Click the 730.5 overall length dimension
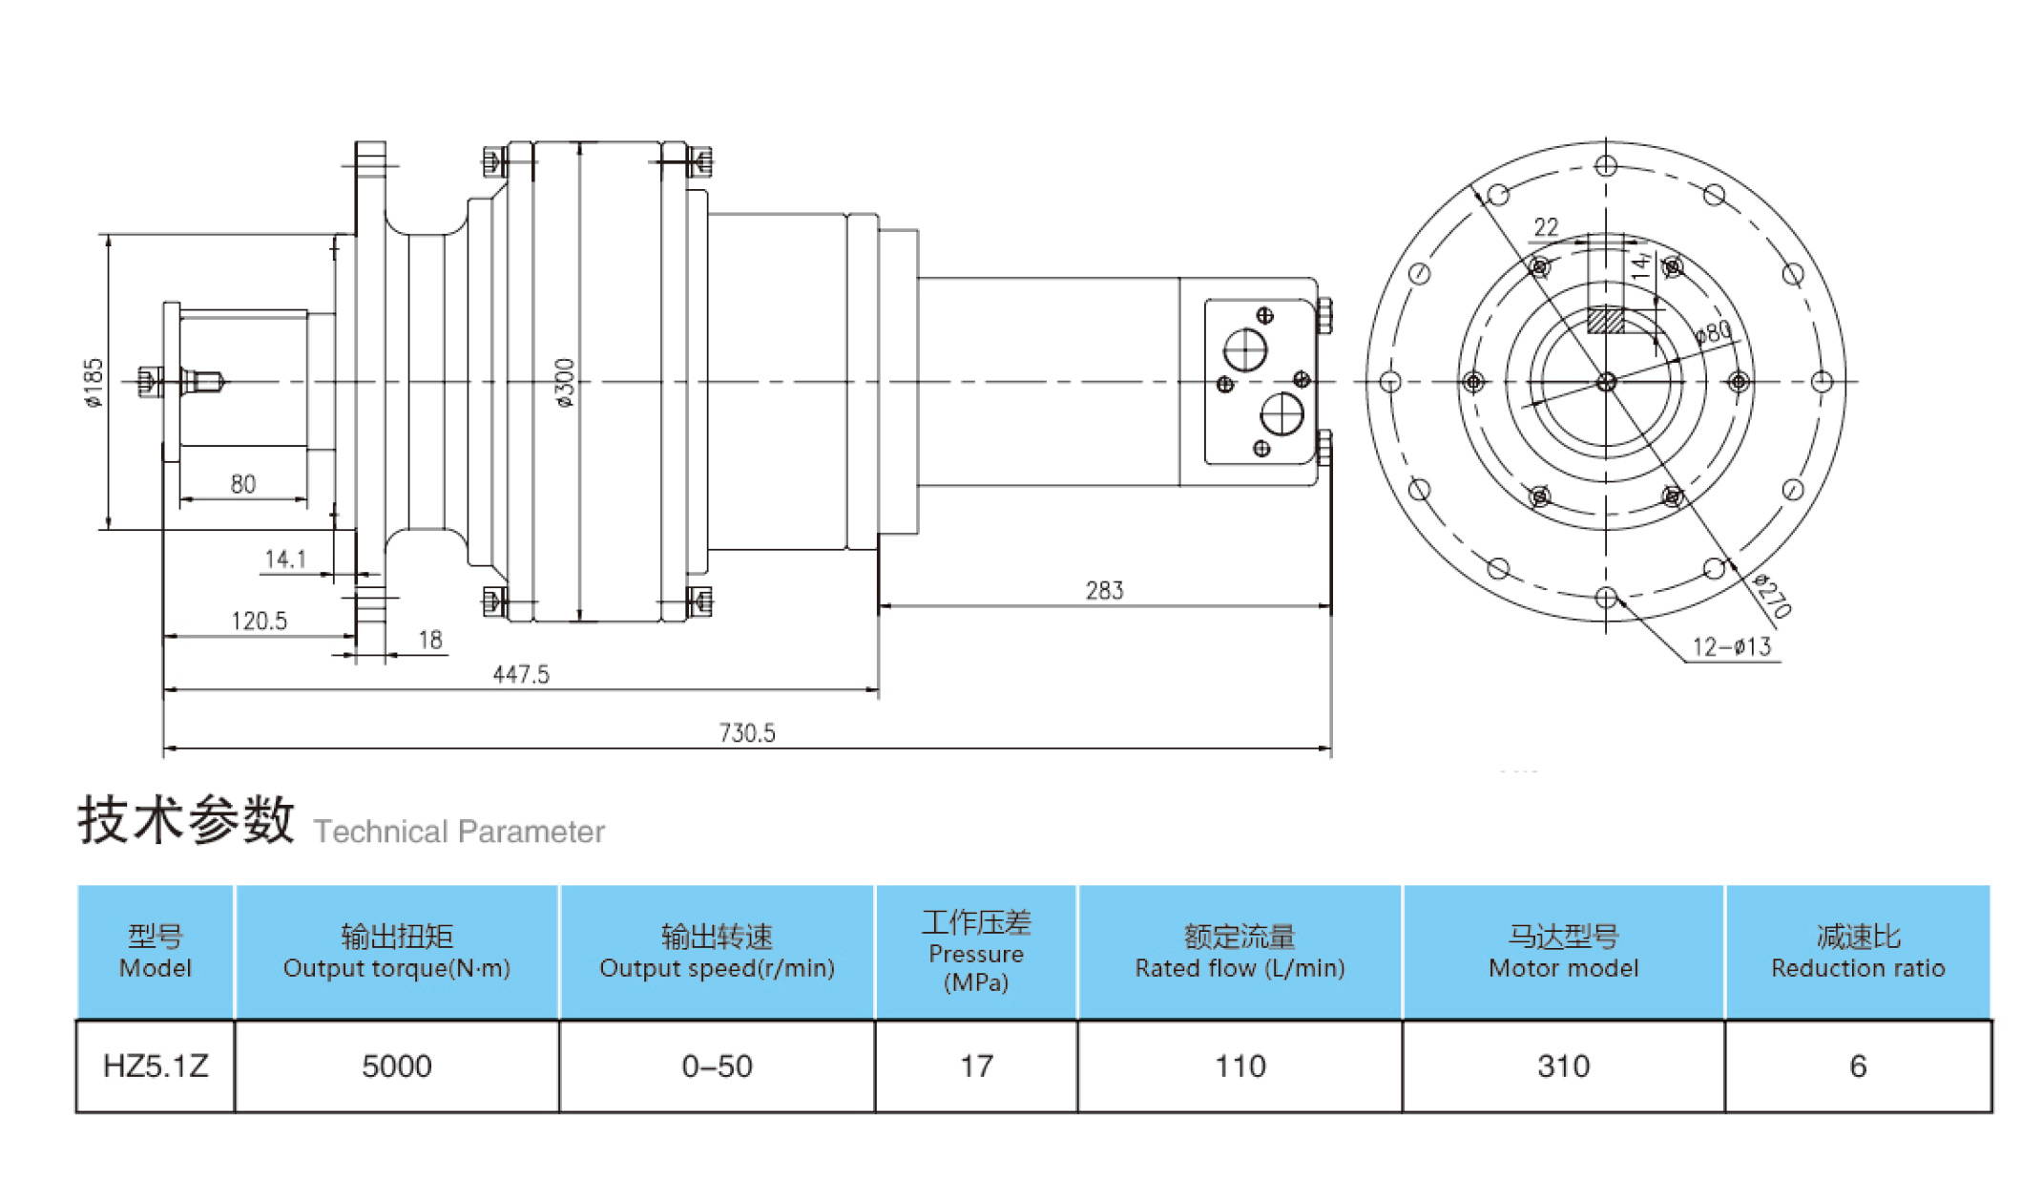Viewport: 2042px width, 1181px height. pos(746,733)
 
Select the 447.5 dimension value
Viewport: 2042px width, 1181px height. pos(521,675)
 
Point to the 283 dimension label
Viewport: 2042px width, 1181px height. pos(1104,591)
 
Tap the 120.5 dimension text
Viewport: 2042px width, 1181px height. pos(259,622)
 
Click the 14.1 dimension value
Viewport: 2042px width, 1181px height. pos(284,559)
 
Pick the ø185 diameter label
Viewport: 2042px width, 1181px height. pos(94,383)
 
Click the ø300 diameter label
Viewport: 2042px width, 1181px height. pos(565,383)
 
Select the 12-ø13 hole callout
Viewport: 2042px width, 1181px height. pos(1731,647)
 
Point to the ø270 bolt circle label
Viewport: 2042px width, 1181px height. pos(1773,596)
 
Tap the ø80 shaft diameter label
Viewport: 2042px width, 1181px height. pos(1714,333)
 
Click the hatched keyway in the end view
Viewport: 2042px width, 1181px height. pos(1605,320)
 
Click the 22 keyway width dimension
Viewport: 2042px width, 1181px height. pos(1546,227)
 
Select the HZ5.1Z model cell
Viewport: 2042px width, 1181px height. pos(156,1065)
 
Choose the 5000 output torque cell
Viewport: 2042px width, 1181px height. pos(397,1065)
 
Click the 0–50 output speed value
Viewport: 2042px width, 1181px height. pos(717,1065)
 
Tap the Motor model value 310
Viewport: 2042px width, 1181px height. pos(1563,1065)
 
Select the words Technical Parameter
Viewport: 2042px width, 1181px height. pos(459,832)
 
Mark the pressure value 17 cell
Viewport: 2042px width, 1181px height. pos(976,1065)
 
